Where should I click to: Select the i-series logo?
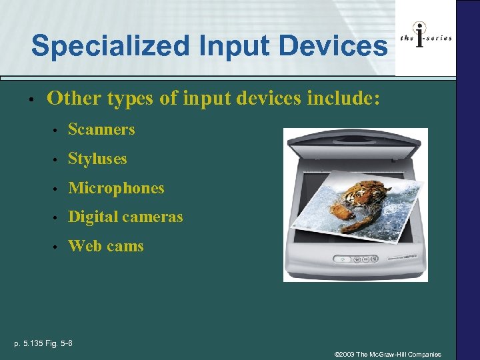pos(425,37)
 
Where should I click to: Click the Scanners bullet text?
pos(101,129)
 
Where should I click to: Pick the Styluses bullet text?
pos(97,159)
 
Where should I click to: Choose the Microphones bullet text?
pos(116,188)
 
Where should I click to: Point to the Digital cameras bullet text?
pos(125,217)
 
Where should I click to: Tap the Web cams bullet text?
pos(105,246)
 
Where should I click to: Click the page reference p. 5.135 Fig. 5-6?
pos(44,343)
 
